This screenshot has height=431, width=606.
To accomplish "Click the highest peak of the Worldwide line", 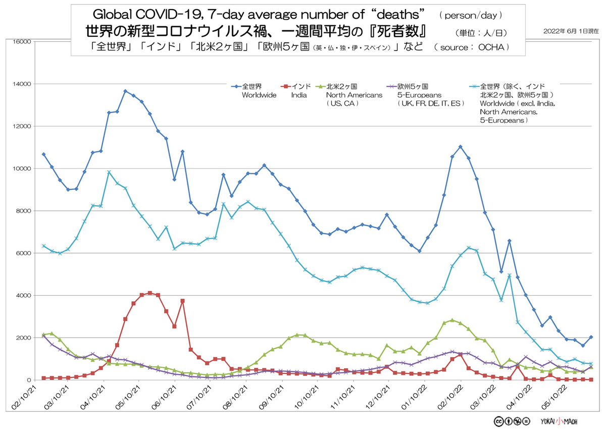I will coord(125,91).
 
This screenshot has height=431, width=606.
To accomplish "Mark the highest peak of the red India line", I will coord(150,293).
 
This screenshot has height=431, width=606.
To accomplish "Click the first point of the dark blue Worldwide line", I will coord(43,154).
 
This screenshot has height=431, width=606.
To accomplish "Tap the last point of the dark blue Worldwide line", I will coord(591,337).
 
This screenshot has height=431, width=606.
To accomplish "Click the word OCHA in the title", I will coord(492,47).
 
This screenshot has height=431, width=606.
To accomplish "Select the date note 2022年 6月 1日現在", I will coord(571,31).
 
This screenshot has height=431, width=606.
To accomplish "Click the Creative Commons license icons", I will coord(512,421).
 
